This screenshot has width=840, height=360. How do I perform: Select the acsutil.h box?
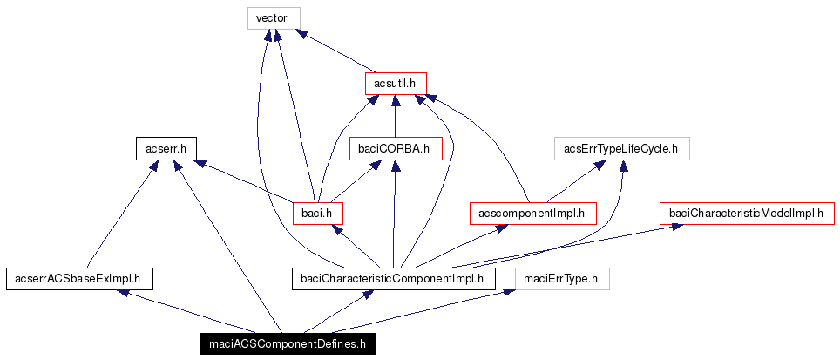(x=395, y=83)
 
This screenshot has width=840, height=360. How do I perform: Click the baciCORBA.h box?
(x=395, y=148)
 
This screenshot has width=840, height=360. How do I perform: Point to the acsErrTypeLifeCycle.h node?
(x=622, y=148)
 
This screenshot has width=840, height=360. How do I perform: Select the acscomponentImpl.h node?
(x=532, y=213)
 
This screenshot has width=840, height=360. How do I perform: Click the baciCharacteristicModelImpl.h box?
(x=746, y=213)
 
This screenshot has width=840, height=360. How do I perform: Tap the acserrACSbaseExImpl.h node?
(x=79, y=278)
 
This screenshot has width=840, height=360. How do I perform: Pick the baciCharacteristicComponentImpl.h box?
(x=393, y=278)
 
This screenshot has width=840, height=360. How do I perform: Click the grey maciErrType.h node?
(x=562, y=278)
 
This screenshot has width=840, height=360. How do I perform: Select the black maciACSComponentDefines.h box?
(x=288, y=344)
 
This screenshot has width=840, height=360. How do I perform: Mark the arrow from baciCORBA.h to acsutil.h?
(x=395, y=116)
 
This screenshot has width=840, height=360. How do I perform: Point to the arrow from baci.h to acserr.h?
(x=244, y=181)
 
